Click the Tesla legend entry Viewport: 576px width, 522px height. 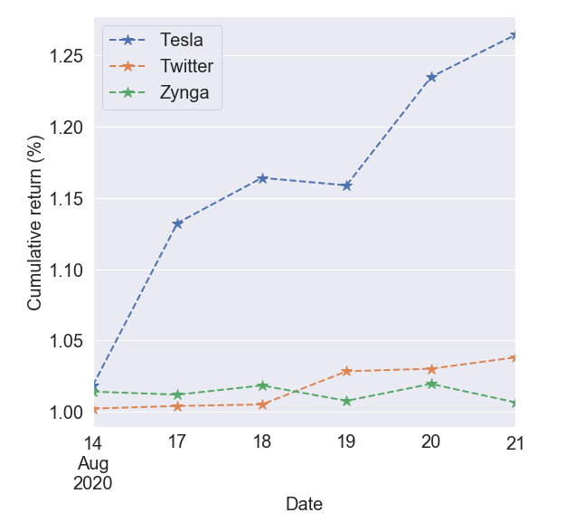click(x=181, y=41)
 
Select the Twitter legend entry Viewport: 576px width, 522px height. click(x=185, y=67)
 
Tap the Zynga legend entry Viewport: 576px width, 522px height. click(x=184, y=93)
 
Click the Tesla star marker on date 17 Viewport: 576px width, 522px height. click(x=178, y=223)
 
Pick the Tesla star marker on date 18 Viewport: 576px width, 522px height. click(x=262, y=178)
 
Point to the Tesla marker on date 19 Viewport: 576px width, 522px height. click(x=346, y=185)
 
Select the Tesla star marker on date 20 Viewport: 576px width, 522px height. click(x=431, y=77)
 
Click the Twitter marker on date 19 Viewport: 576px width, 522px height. click(x=346, y=371)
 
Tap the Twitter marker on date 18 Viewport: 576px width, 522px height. click(x=262, y=404)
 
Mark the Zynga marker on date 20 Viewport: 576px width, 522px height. click(x=431, y=384)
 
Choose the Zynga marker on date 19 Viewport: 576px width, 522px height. click(x=346, y=401)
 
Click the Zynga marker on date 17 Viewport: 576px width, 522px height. click(x=178, y=394)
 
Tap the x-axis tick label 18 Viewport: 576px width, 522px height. click(x=262, y=443)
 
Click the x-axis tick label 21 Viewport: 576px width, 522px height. click(x=515, y=443)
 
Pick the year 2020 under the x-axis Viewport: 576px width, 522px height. click(x=92, y=483)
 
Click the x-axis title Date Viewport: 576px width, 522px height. click(x=304, y=504)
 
